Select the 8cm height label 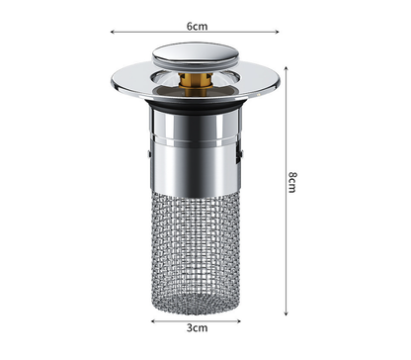(293, 182)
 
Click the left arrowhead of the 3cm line (153, 320)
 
